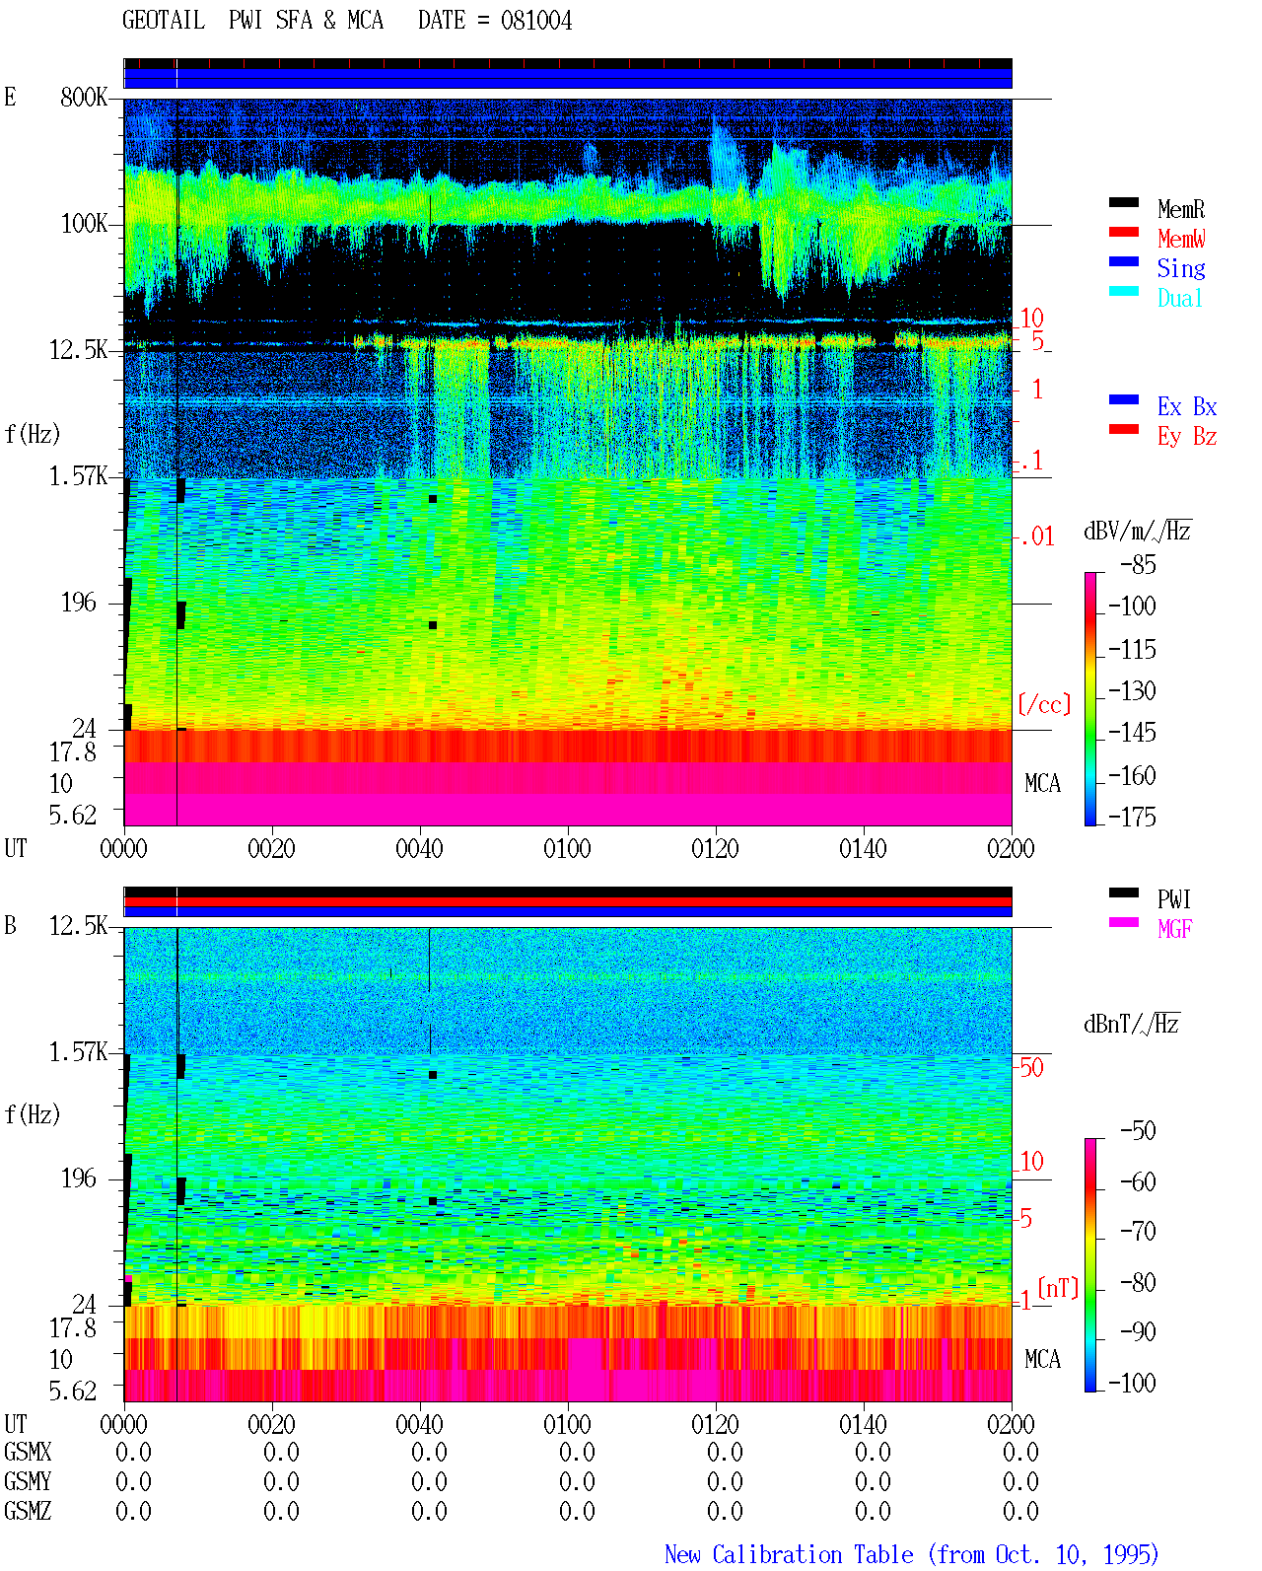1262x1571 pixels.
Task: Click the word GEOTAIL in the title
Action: click(164, 21)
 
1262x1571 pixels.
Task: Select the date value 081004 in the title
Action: click(535, 21)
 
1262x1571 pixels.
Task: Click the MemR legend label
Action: click(1180, 209)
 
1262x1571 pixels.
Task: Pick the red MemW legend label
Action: click(1180, 239)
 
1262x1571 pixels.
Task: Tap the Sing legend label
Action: click(1180, 268)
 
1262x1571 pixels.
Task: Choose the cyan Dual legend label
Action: click(1179, 298)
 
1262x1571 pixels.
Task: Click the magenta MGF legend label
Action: click(1174, 929)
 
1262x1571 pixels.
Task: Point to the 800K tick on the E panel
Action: click(84, 97)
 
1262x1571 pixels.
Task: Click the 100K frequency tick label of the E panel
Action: click(84, 224)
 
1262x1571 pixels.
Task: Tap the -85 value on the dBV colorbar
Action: click(1139, 564)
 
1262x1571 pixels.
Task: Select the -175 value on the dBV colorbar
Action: click(1132, 817)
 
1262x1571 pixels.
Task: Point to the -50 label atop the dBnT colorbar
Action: click(1139, 1131)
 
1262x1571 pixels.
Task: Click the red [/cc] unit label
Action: click(1044, 704)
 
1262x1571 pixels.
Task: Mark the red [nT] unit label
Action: click(1058, 1287)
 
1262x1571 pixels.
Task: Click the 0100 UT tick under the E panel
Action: click(567, 849)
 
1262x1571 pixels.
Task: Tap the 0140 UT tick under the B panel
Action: click(863, 1424)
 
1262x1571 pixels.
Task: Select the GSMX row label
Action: click(28, 1452)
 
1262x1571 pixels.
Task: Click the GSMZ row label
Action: click(28, 1511)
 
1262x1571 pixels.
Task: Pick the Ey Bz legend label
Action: click(1187, 437)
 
